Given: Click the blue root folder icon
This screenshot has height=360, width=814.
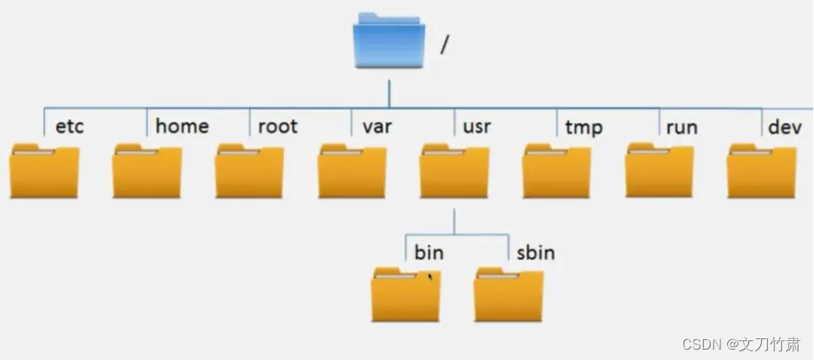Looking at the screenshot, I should [x=389, y=41].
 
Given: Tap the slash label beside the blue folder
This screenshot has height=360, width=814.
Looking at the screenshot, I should [x=444, y=45].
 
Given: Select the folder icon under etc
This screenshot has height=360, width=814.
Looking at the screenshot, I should [x=44, y=171].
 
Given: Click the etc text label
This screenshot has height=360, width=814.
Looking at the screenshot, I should [x=69, y=127].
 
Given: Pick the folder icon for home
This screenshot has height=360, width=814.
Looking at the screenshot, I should [x=147, y=171].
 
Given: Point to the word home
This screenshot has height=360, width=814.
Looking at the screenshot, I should [x=182, y=127].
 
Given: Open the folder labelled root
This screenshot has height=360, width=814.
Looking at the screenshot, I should [x=249, y=171].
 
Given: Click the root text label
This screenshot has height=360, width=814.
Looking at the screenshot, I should [x=278, y=127].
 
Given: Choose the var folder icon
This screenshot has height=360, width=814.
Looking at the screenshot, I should [x=351, y=171].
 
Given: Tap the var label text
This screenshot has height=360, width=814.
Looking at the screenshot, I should [x=377, y=127].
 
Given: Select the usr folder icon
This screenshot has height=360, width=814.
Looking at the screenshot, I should [x=454, y=171].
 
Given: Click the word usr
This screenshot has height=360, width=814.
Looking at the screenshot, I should [x=477, y=127].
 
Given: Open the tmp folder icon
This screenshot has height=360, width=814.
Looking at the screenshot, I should [x=556, y=171].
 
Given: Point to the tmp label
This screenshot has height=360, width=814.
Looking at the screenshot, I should [x=583, y=127].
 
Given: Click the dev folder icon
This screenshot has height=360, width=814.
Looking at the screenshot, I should [x=761, y=171].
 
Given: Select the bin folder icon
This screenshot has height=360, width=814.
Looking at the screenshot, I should [x=405, y=294].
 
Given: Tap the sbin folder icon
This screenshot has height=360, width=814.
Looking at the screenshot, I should [x=509, y=294].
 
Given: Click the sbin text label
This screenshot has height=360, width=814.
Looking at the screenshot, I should [x=535, y=253].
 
